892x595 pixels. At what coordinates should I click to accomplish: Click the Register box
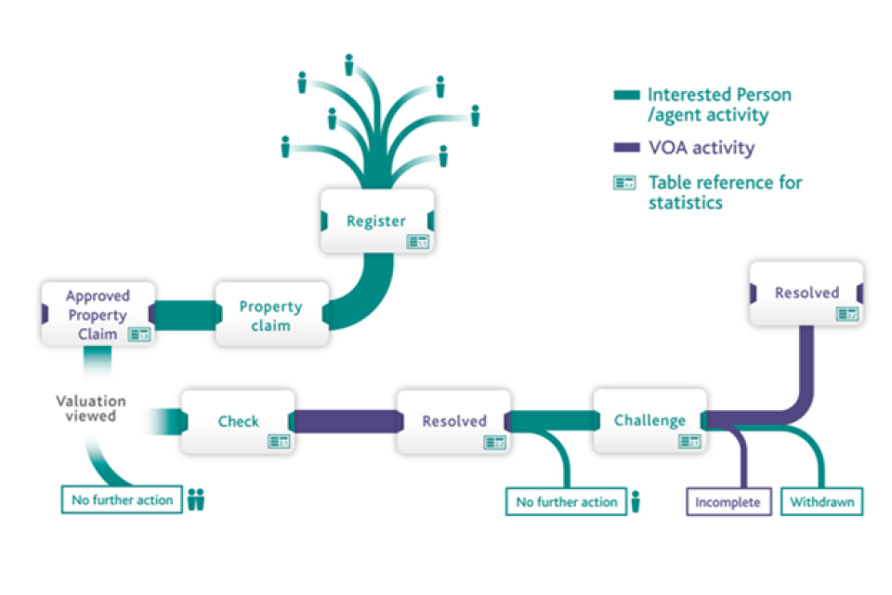376,221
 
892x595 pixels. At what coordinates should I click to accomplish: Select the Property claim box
271,315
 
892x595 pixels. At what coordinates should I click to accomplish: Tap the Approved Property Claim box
97,313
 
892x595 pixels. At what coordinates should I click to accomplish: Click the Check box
238,421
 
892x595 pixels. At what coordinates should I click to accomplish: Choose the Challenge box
649,420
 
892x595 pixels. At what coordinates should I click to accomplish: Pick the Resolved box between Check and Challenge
453,421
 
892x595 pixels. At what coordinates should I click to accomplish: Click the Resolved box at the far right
807,293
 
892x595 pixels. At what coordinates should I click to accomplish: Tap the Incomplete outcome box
728,502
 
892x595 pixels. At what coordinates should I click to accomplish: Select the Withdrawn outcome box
822,502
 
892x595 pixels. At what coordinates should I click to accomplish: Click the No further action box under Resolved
566,502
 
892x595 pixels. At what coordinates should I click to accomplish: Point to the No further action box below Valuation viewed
122,500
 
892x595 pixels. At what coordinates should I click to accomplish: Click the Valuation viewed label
90,408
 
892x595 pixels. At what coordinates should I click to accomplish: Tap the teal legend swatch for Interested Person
626,95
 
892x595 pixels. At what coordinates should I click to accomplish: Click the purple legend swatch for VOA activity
626,147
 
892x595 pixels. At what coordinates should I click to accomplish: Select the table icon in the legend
624,183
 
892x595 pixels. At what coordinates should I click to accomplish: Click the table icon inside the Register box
417,242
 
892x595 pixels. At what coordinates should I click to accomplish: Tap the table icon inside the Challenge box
689,442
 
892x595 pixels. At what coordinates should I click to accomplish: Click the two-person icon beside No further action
195,500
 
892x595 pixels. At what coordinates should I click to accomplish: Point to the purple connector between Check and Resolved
346,421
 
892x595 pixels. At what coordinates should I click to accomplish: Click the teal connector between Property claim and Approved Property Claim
183,314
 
